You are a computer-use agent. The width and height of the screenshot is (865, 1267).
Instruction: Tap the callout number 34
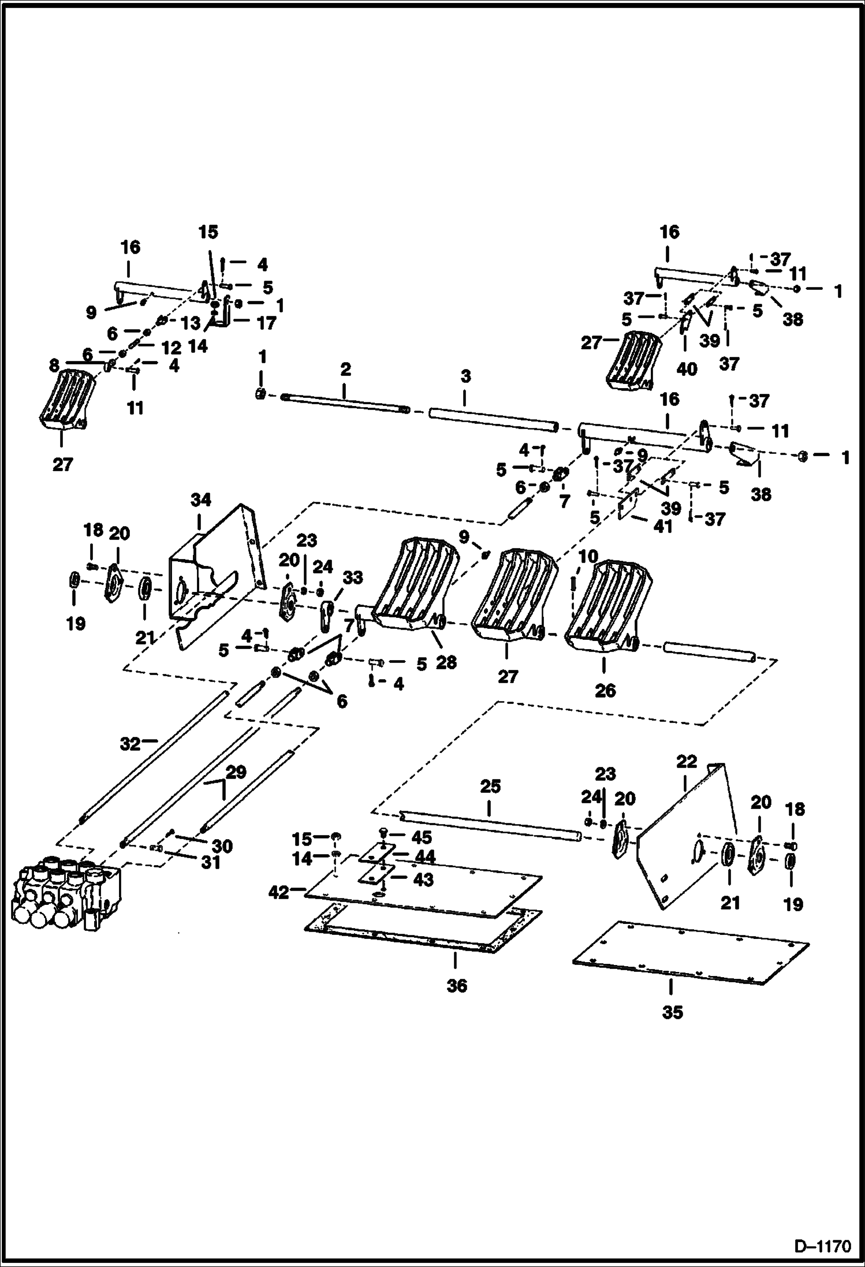[x=200, y=500]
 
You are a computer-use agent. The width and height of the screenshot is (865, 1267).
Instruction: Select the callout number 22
[x=687, y=762]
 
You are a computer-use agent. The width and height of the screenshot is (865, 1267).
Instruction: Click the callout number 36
[x=456, y=986]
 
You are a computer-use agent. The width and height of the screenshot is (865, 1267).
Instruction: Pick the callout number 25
[x=490, y=787]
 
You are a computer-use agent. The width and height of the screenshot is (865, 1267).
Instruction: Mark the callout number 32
[x=130, y=744]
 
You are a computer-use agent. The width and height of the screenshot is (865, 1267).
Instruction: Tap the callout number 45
[x=421, y=837]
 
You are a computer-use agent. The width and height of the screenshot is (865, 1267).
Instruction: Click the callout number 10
[x=588, y=557]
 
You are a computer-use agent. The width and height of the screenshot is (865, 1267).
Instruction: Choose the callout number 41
[x=663, y=526]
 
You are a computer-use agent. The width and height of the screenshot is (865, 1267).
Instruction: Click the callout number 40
[x=686, y=368]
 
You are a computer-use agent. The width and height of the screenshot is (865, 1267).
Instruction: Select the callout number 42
[x=279, y=893]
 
